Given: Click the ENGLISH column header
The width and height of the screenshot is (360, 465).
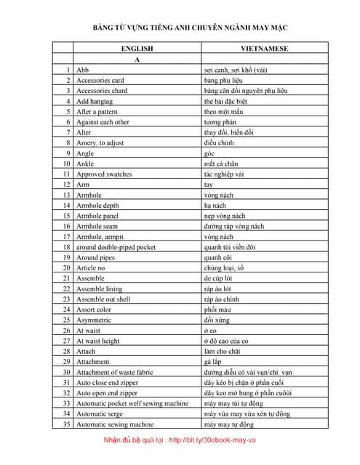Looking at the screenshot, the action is pyautogui.click(x=137, y=48).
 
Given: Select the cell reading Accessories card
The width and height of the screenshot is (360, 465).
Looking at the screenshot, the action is pyautogui.click(x=100, y=80).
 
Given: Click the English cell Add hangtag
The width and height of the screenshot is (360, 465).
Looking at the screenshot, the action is pyautogui.click(x=95, y=101).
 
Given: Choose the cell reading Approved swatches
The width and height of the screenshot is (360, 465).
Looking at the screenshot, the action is pyautogui.click(x=104, y=174).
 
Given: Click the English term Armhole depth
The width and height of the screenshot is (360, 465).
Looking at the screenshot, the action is pyautogui.click(x=100, y=206).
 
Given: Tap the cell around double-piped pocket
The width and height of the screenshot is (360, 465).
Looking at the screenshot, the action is pyautogui.click(x=116, y=247).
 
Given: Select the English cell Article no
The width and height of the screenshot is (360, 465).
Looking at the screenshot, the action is pyautogui.click(x=91, y=268).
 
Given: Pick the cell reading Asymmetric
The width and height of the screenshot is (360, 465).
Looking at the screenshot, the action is pyautogui.click(x=94, y=320).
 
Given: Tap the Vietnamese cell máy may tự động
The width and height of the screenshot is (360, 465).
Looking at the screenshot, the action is pyautogui.click(x=229, y=424).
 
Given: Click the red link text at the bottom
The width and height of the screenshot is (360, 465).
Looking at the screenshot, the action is pyautogui.click(x=180, y=440).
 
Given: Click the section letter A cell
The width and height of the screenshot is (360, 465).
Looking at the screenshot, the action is pyautogui.click(x=137, y=59).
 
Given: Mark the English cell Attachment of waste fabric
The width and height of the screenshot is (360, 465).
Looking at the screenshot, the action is pyautogui.click(x=114, y=372).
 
